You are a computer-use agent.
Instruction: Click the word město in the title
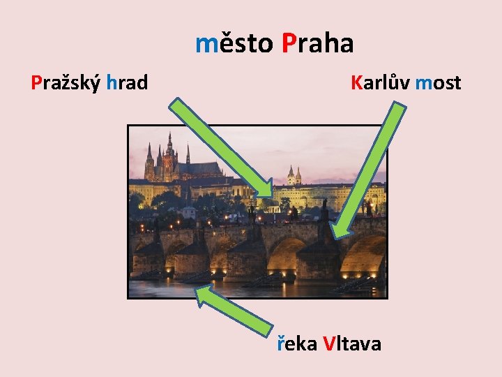click(234, 44)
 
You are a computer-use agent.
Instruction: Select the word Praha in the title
click(318, 44)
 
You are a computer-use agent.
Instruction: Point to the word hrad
click(128, 83)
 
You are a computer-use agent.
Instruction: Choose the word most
click(438, 83)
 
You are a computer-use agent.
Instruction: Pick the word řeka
click(297, 343)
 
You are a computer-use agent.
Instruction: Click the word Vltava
click(352, 343)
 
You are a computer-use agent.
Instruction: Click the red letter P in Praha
click(289, 44)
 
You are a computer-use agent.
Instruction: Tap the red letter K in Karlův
click(358, 83)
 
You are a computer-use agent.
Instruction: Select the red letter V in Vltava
click(330, 343)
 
